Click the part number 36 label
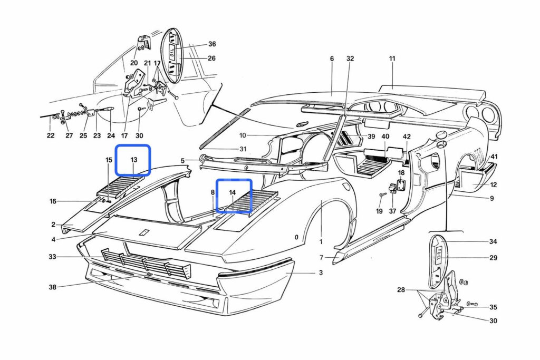pos(212,44)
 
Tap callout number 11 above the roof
pos(392,59)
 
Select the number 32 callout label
pos(351,59)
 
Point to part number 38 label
pos(52,288)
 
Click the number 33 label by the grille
pos(52,257)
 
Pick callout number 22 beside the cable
pos(50,135)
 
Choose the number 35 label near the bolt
pos(493,307)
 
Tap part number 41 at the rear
pos(494,157)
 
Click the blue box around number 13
pos(133,160)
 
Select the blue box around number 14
pos(232,195)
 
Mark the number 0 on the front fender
pos(296,238)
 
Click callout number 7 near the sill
pos(321,258)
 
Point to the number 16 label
pos(53,201)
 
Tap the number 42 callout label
pos(407,137)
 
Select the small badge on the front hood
pos(143,232)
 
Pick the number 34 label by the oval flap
pos(493,242)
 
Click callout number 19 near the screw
pos(379,211)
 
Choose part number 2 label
pos(53,225)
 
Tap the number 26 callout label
pos(212,59)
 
